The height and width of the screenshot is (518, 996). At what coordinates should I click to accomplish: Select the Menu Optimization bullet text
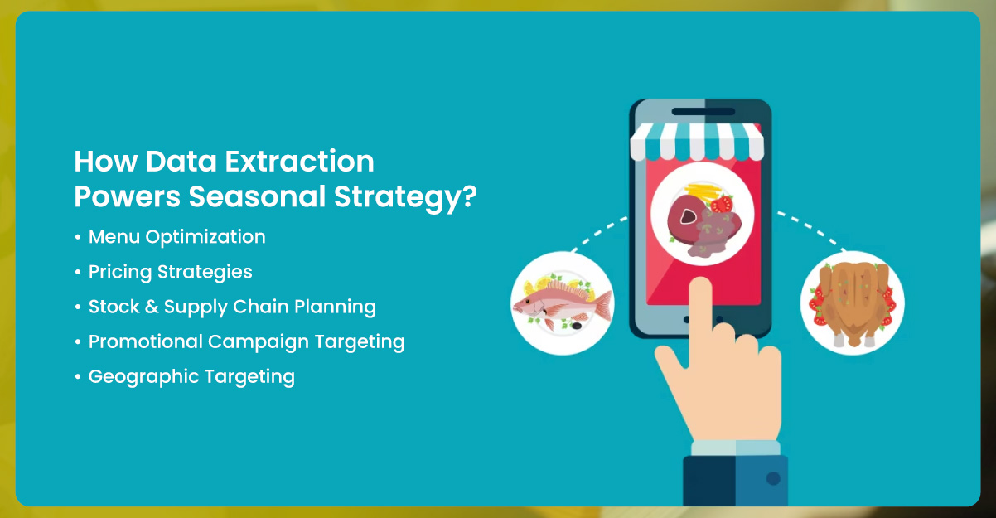176,237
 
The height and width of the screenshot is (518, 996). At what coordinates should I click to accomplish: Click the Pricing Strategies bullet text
170,272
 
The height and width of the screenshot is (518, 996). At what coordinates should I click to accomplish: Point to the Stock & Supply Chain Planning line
232,307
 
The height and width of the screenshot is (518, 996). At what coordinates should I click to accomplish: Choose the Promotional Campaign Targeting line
246,341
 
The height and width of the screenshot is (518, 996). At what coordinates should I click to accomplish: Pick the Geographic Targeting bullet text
191,376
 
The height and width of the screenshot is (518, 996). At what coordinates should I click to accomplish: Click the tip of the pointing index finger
700,287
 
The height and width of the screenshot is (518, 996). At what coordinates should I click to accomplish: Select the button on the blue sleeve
773,478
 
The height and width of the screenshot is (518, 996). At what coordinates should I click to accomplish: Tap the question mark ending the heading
470,198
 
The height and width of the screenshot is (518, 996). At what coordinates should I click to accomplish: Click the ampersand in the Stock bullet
149,307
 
